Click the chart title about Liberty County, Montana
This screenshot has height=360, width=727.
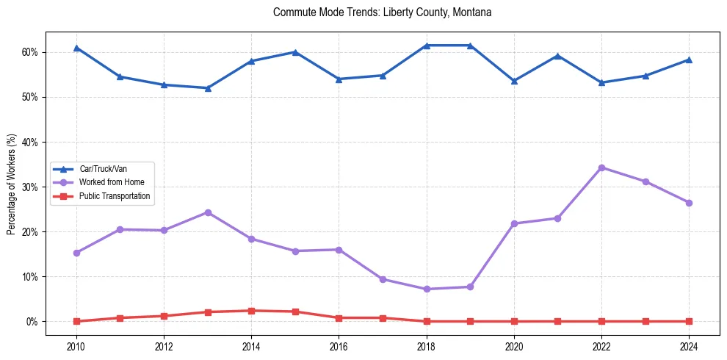382,12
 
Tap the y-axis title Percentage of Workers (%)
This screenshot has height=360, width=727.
11,184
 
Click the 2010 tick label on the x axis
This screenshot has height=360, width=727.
76,346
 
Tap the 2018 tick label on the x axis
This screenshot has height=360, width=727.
427,346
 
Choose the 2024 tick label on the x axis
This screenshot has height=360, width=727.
689,346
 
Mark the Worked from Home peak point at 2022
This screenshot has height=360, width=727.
601,168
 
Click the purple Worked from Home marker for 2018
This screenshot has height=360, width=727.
427,289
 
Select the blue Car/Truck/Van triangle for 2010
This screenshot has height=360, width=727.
76,48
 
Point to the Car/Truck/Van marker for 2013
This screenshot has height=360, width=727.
208,88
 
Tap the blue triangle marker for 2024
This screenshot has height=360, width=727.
689,60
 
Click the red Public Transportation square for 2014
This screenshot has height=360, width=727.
251,311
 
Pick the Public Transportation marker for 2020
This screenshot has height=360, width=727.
514,321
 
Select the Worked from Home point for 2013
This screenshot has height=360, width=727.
208,212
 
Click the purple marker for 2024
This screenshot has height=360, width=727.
689,203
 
